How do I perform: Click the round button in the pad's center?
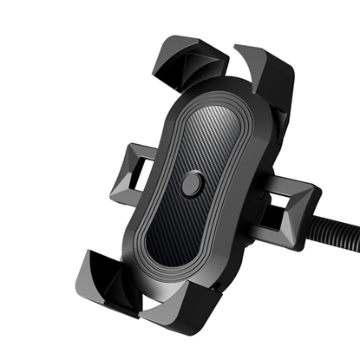coord(193,184)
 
